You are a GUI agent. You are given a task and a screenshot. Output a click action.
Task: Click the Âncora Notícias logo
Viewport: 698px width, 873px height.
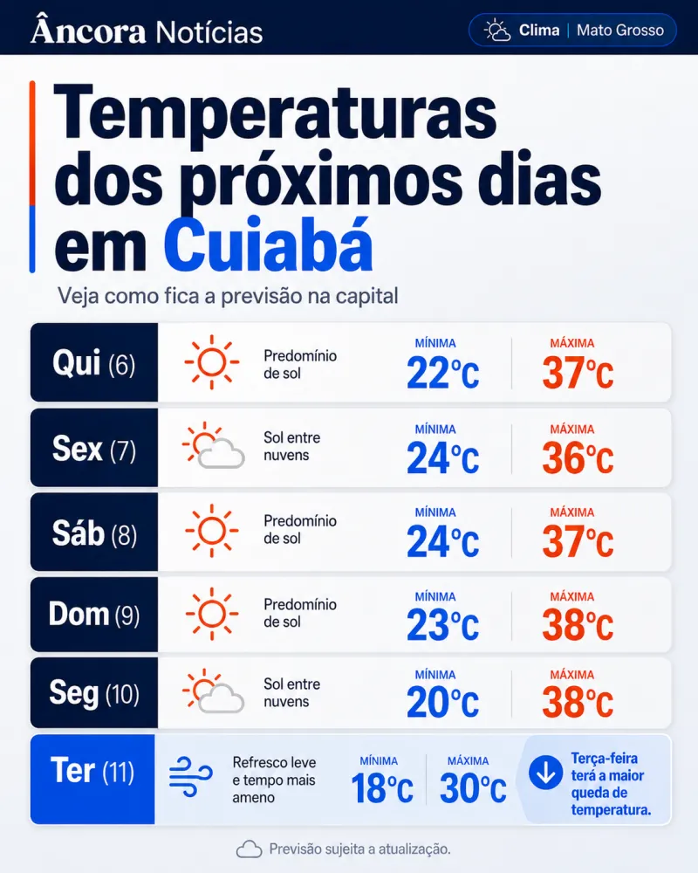(x=147, y=30)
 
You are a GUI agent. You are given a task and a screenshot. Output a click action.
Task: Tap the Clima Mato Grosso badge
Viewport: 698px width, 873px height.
(x=572, y=30)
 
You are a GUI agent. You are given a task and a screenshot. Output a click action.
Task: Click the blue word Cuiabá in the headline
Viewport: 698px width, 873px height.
(x=268, y=245)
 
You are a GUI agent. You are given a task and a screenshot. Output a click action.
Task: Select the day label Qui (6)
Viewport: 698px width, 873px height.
(x=93, y=363)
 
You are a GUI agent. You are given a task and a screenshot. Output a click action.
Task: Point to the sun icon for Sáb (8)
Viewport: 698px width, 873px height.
(x=211, y=531)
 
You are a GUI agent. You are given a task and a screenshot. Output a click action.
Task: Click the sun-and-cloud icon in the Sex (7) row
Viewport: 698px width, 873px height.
(x=213, y=445)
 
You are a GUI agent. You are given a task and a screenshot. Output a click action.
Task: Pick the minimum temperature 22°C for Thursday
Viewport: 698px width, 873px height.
(x=442, y=373)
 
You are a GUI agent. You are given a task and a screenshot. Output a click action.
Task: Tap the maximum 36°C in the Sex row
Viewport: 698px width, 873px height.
(x=578, y=458)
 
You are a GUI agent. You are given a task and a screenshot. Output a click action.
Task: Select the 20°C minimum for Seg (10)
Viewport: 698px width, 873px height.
(x=442, y=702)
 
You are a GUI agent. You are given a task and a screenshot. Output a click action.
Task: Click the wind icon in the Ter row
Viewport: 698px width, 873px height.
(x=190, y=777)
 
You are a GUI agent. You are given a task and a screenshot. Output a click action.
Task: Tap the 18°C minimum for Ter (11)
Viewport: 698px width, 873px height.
(x=382, y=788)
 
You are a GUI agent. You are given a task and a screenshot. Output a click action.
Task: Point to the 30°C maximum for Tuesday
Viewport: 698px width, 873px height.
(x=473, y=788)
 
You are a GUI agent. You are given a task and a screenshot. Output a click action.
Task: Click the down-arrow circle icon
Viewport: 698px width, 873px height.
(x=545, y=773)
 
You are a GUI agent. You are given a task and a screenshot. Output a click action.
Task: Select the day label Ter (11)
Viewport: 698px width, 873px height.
(x=92, y=771)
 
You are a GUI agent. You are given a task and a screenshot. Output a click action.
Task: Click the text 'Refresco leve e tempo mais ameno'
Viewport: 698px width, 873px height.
(x=275, y=780)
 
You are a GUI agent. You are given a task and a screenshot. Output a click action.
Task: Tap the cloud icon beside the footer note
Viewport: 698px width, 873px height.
(x=249, y=849)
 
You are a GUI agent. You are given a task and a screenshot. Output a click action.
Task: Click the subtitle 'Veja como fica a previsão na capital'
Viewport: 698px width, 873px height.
(x=228, y=296)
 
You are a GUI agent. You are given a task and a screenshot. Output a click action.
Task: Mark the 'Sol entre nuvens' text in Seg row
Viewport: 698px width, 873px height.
(x=291, y=692)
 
